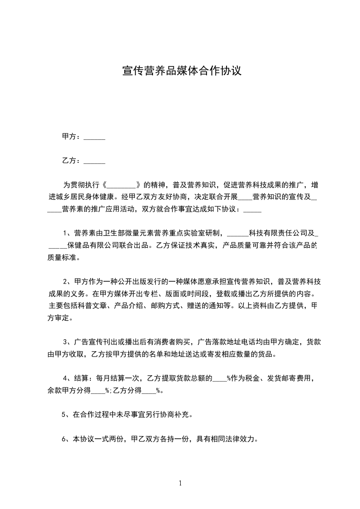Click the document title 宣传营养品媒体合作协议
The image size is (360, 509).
tap(181, 71)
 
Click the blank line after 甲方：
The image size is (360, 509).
tap(94, 137)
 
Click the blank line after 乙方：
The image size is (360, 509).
tap(94, 161)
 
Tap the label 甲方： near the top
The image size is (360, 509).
tap(71, 137)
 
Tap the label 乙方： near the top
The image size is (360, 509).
tap(71, 161)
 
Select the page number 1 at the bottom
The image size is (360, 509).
tap(180, 483)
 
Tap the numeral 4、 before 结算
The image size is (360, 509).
tap(67, 378)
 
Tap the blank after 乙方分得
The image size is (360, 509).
tap(149, 391)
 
